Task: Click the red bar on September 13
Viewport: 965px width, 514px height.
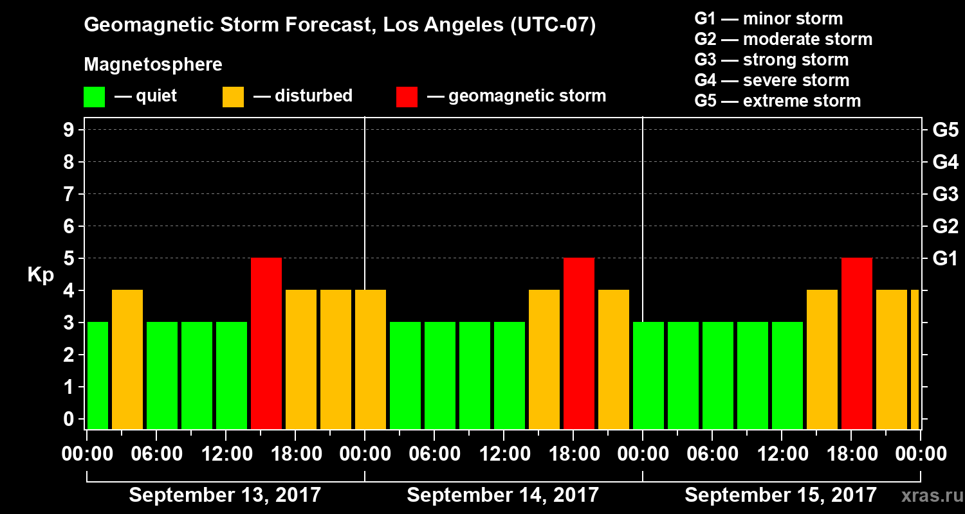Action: [x=266, y=343]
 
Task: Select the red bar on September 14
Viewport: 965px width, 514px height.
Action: [x=579, y=343]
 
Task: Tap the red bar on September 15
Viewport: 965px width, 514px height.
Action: [x=857, y=343]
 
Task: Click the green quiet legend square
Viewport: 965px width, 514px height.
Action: [x=94, y=97]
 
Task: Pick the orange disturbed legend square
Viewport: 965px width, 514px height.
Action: [x=233, y=97]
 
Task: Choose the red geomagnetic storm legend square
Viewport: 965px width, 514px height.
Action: [x=407, y=97]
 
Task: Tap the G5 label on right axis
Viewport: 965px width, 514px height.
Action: [x=945, y=130]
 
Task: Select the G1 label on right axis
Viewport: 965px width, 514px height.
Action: [x=945, y=259]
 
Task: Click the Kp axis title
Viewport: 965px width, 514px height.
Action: [x=40, y=275]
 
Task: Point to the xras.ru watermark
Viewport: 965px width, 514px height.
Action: [x=927, y=495]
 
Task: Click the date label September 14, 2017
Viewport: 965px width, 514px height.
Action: [x=502, y=495]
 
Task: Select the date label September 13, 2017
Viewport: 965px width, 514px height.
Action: [x=225, y=495]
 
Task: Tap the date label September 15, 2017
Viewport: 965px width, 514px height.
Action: [x=780, y=495]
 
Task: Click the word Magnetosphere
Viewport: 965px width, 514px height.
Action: [x=153, y=65]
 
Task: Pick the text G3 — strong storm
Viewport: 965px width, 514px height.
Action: [x=771, y=60]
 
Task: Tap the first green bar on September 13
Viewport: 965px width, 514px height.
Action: [x=98, y=375]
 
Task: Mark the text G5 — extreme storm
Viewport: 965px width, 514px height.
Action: [x=777, y=101]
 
